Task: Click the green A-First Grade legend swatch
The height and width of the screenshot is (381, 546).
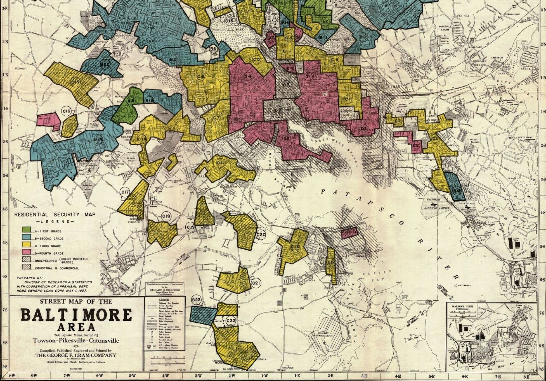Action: click(x=27, y=230)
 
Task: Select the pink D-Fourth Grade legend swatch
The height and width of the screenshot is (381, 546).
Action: click(x=27, y=252)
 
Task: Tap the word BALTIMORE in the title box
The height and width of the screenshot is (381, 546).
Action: click(x=76, y=315)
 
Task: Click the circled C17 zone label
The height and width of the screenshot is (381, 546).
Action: click(x=125, y=192)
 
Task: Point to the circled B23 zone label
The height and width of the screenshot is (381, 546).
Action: click(x=196, y=300)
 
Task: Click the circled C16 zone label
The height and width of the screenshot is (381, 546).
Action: click(x=66, y=111)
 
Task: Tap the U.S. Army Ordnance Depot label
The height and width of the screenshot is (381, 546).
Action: click(x=322, y=334)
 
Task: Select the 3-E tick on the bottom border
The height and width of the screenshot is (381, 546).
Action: click(x=364, y=376)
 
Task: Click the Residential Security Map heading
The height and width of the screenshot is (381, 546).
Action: click(x=55, y=215)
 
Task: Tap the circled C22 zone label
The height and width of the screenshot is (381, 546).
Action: click(x=231, y=321)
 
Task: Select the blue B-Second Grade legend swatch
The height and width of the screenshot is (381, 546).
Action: click(x=27, y=237)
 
